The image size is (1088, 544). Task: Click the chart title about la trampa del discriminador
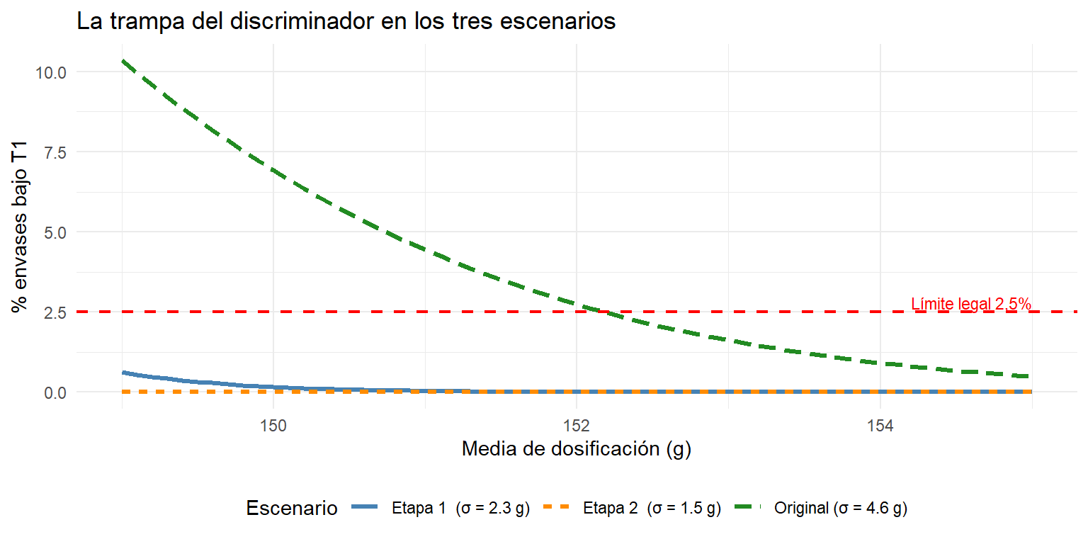point(346,21)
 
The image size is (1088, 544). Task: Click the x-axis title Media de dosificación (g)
point(577,449)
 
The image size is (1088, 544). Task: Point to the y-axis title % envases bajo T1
point(20,227)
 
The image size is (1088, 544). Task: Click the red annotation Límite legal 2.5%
point(970,304)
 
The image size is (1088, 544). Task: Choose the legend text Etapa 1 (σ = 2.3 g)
point(460,509)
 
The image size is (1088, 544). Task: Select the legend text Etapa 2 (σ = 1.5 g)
point(652,509)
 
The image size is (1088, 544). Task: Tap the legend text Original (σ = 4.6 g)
point(841,509)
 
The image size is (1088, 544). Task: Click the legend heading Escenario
point(291,508)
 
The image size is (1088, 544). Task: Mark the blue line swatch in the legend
point(367,507)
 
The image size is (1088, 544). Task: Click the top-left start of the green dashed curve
point(123,61)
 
